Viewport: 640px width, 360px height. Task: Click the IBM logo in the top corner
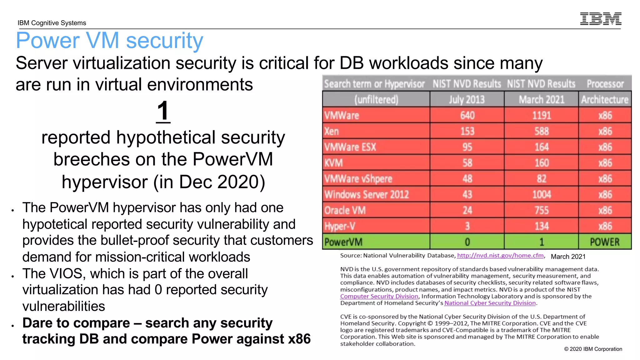coord(600,19)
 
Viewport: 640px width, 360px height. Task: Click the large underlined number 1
coord(163,111)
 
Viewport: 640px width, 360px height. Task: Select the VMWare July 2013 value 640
coord(467,115)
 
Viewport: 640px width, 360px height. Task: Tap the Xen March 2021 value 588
coord(542,131)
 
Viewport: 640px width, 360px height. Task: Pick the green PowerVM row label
coord(343,242)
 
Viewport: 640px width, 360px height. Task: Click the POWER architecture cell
coord(605,242)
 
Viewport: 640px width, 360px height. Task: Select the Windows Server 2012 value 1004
coord(542,194)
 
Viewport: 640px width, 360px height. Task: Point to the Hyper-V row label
coord(340,226)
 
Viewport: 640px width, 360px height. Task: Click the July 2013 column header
coord(467,99)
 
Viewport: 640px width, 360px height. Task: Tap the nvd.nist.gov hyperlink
coord(500,256)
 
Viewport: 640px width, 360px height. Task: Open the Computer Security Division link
coord(379,296)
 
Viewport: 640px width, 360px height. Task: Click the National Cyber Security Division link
coord(490,303)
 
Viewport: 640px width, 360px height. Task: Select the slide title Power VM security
coord(110,41)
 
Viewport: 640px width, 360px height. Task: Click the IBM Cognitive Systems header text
coord(52,23)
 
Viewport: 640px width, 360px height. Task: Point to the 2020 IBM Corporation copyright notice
coord(593,349)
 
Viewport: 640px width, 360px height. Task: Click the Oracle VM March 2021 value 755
coord(542,210)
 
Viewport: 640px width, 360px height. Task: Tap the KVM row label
coord(333,163)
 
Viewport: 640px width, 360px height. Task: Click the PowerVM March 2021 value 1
coord(542,242)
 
